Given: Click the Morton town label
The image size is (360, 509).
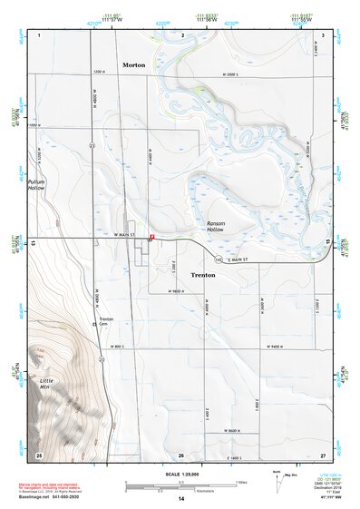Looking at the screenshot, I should click(136, 65).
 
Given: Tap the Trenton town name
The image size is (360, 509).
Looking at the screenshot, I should click(203, 273).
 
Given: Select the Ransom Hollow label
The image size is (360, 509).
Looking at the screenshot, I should click(215, 227).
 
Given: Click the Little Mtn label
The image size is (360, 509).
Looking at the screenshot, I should click(44, 384).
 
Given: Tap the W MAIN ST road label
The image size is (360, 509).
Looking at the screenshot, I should click(124, 235).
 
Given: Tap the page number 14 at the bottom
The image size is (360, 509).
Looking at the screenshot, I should click(181, 500).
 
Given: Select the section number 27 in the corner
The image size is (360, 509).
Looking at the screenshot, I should click(322, 454).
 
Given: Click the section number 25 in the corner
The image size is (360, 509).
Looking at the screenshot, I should click(38, 454).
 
